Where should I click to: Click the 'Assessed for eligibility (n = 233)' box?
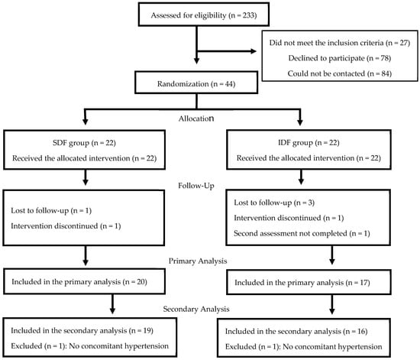(x=204, y=15)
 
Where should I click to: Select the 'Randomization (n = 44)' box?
(x=196, y=83)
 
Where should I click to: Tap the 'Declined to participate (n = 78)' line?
(x=339, y=58)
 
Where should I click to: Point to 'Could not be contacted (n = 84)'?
(x=339, y=73)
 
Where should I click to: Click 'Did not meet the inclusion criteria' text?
(x=326, y=43)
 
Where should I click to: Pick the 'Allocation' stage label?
(x=196, y=118)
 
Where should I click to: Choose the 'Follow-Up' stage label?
(x=196, y=186)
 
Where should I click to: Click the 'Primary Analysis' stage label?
(x=198, y=261)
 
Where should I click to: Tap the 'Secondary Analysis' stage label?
(x=196, y=309)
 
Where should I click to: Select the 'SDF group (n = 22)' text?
(x=84, y=143)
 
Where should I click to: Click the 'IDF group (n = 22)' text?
(x=309, y=143)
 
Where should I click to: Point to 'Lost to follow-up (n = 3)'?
(x=274, y=203)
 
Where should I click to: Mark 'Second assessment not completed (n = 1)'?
(x=302, y=233)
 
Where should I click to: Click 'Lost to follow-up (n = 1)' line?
(x=51, y=211)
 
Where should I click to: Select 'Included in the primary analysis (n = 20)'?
(x=79, y=282)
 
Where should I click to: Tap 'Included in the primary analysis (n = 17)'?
(x=302, y=283)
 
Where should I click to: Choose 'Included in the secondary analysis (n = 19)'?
(x=82, y=330)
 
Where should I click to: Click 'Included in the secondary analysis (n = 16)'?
(x=296, y=331)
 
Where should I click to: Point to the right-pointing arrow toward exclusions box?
(x=227, y=51)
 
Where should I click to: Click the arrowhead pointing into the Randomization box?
(x=196, y=60)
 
